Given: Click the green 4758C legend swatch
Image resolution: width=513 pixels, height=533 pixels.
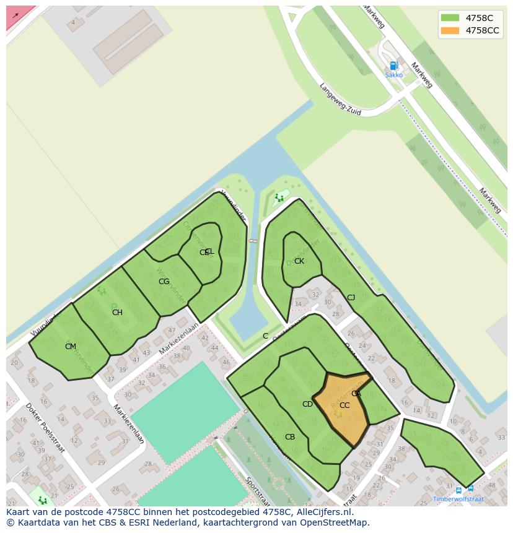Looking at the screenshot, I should point(450,18).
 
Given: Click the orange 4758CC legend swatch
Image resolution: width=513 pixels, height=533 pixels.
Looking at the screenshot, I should point(450,30).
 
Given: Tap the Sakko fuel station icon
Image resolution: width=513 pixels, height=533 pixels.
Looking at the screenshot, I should point(393,66).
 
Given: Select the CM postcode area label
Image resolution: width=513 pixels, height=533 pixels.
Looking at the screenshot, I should point(71,347).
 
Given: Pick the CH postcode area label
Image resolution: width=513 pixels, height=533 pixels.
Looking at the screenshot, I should point(117,313).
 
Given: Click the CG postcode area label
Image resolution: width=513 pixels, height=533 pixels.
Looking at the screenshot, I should point(164,282).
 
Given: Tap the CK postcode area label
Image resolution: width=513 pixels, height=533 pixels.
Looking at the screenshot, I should point(299,261).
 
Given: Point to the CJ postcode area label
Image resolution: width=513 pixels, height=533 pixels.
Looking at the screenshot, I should point(351,298).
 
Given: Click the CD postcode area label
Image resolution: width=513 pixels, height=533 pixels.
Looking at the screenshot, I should point(307,404).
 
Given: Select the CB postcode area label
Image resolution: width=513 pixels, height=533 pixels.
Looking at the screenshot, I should point(290,437).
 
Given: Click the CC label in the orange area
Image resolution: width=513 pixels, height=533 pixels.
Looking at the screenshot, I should point(344,405).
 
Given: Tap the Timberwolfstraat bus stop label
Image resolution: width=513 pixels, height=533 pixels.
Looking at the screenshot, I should point(458,499).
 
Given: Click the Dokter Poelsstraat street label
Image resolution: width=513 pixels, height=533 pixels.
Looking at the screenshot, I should point(45,428).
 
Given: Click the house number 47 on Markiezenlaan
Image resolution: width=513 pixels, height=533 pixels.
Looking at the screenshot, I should point(172,331).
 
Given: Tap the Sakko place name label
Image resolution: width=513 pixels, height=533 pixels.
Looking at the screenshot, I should point(393,75).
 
